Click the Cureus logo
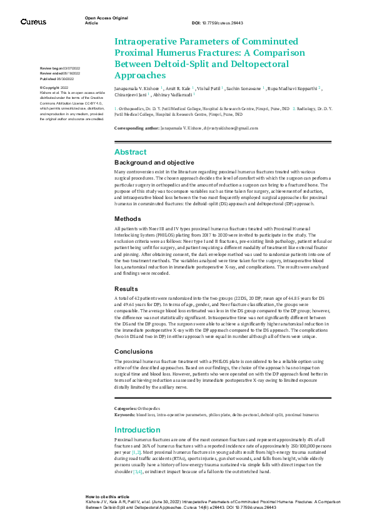(x=33, y=22)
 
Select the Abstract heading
(x=130, y=152)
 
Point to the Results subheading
(x=125, y=289)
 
